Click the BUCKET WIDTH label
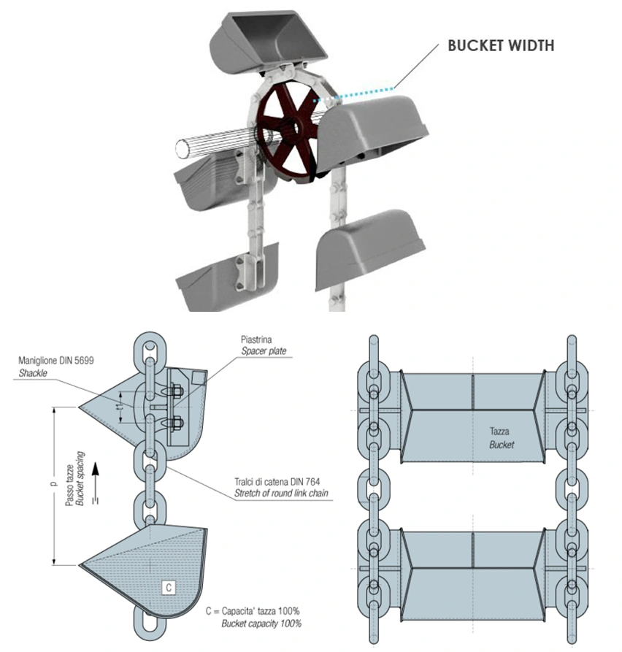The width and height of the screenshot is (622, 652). tap(501, 46)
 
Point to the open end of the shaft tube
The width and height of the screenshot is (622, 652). tap(181, 149)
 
